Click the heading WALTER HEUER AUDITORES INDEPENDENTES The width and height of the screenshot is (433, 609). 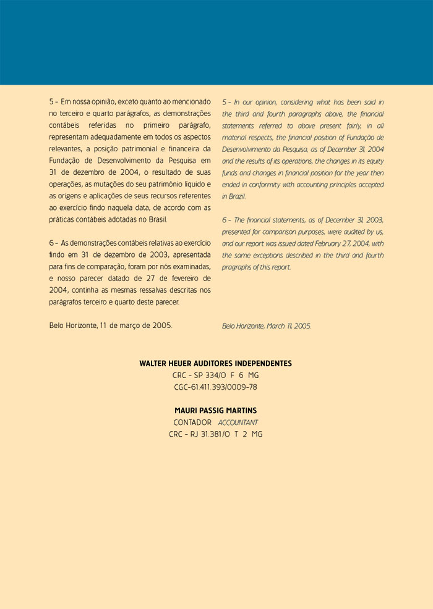(x=215, y=364)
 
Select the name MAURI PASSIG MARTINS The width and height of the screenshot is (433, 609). (x=215, y=411)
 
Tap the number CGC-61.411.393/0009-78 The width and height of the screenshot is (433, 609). (x=215, y=387)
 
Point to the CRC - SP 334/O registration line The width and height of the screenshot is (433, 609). (x=215, y=376)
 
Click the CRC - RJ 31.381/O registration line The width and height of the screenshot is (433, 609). (x=215, y=434)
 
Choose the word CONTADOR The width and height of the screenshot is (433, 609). (x=192, y=422)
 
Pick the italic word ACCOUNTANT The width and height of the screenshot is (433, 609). (x=238, y=422)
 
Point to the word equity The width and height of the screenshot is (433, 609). (x=374, y=161)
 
